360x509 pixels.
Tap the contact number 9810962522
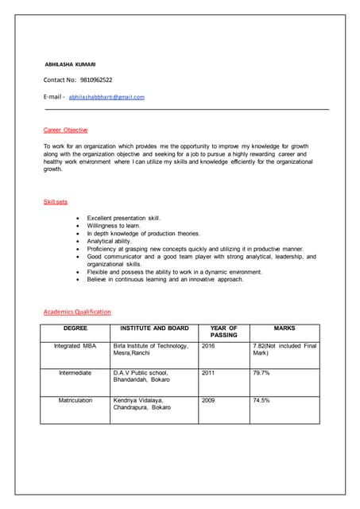[x=95, y=80]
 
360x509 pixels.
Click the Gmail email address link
[x=106, y=96]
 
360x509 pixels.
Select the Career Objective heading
[x=65, y=130]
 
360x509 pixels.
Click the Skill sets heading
[x=55, y=202]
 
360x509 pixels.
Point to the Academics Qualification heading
[x=77, y=312]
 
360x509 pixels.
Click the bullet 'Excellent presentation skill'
[x=123, y=218]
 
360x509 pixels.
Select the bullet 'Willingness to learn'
[x=114, y=226]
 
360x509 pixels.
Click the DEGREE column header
[x=75, y=328]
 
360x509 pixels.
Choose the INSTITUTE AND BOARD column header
[x=153, y=328]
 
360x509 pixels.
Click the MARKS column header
[x=284, y=328]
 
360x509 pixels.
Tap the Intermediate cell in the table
[x=75, y=372]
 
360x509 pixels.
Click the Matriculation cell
[x=75, y=400]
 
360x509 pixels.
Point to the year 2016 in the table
[x=208, y=346]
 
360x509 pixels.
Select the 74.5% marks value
[x=261, y=400]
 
